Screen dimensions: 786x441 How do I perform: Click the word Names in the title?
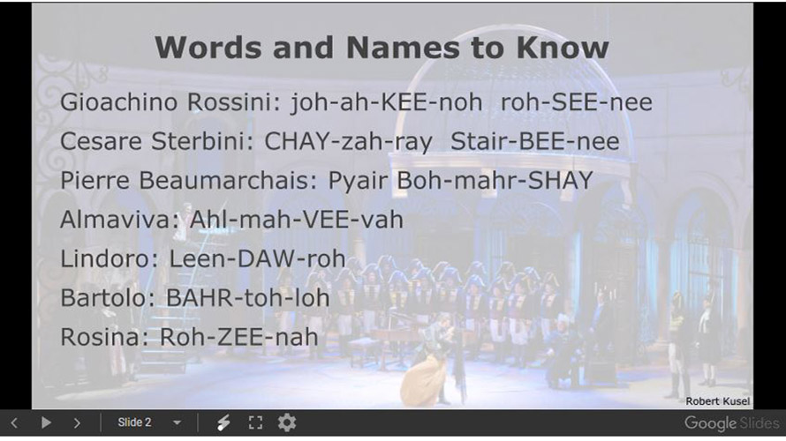click(x=403, y=48)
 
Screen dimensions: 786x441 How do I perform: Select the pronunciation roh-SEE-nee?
click(x=577, y=101)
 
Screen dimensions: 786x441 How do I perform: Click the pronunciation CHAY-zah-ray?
click(x=348, y=141)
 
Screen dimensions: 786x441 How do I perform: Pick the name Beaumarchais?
click(x=229, y=180)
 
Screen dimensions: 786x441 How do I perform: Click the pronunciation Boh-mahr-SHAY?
click(x=495, y=180)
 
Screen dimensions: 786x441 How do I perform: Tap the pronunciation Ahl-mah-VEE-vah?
click(x=296, y=219)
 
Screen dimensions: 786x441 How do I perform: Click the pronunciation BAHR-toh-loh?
click(x=247, y=297)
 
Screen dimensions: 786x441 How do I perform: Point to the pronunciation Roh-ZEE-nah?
click(x=238, y=336)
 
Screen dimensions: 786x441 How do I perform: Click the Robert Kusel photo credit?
click(x=717, y=401)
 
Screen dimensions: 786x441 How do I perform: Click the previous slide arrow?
click(x=14, y=423)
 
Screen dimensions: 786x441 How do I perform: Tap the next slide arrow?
click(x=77, y=423)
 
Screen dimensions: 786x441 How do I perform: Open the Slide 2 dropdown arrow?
click(x=177, y=423)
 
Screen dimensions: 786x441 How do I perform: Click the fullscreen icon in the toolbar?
click(x=255, y=423)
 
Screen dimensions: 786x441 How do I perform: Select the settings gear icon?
click(x=287, y=423)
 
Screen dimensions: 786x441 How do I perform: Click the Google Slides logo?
click(x=732, y=423)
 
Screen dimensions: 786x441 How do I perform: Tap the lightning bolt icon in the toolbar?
click(x=223, y=423)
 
